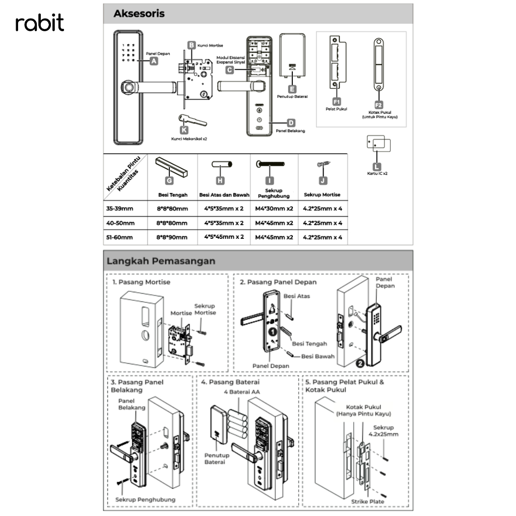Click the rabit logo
40,23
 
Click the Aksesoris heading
139,14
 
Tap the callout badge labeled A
154,61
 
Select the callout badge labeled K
177,130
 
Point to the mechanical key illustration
192,120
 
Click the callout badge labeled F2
379,101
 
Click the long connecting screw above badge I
271,164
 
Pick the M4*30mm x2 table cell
274,208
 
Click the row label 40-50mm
120,223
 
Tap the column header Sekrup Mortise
322,195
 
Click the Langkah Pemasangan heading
161,261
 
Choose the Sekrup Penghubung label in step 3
145,499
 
